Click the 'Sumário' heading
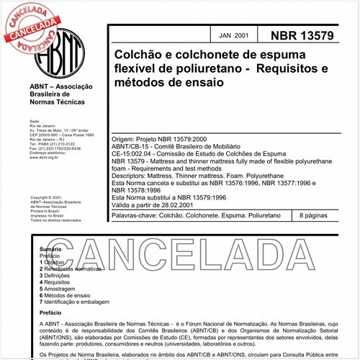coord(50,248)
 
